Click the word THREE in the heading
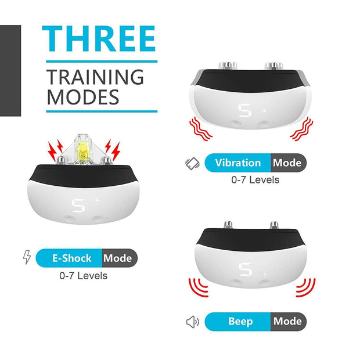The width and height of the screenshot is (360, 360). point(100,39)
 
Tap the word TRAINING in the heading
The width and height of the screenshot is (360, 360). point(95,77)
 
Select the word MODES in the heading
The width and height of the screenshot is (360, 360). point(82,96)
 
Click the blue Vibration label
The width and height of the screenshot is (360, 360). point(238,163)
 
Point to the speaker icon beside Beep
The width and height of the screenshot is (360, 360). point(193,322)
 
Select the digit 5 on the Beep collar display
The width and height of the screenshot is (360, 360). point(244,269)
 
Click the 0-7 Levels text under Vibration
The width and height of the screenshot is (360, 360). point(255,181)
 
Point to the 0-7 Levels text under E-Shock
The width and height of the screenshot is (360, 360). point(84,275)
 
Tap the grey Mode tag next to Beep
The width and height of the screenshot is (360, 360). point(287,321)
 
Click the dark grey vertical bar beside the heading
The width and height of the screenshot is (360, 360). point(10,70)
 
